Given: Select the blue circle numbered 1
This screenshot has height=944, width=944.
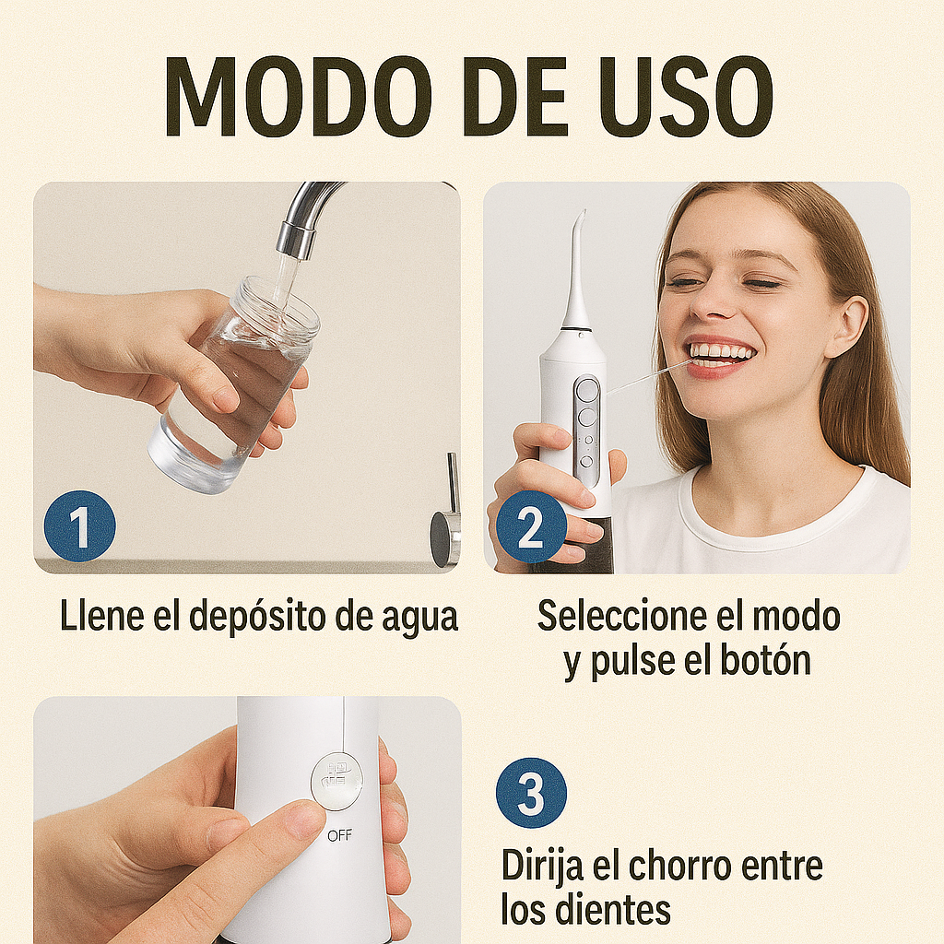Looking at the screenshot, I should (x=80, y=526).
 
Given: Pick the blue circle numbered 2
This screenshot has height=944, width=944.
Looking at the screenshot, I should (x=531, y=526).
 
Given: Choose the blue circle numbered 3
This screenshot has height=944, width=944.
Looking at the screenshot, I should (x=531, y=793).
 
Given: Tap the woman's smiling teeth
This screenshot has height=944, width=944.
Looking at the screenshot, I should (x=722, y=351).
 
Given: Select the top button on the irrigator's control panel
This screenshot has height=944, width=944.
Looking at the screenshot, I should (x=586, y=390).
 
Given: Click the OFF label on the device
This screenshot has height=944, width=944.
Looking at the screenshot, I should (x=339, y=835).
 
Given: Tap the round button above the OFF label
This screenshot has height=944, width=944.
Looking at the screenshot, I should (x=336, y=781).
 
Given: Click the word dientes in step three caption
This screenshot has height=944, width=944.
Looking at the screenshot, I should (x=612, y=910).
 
